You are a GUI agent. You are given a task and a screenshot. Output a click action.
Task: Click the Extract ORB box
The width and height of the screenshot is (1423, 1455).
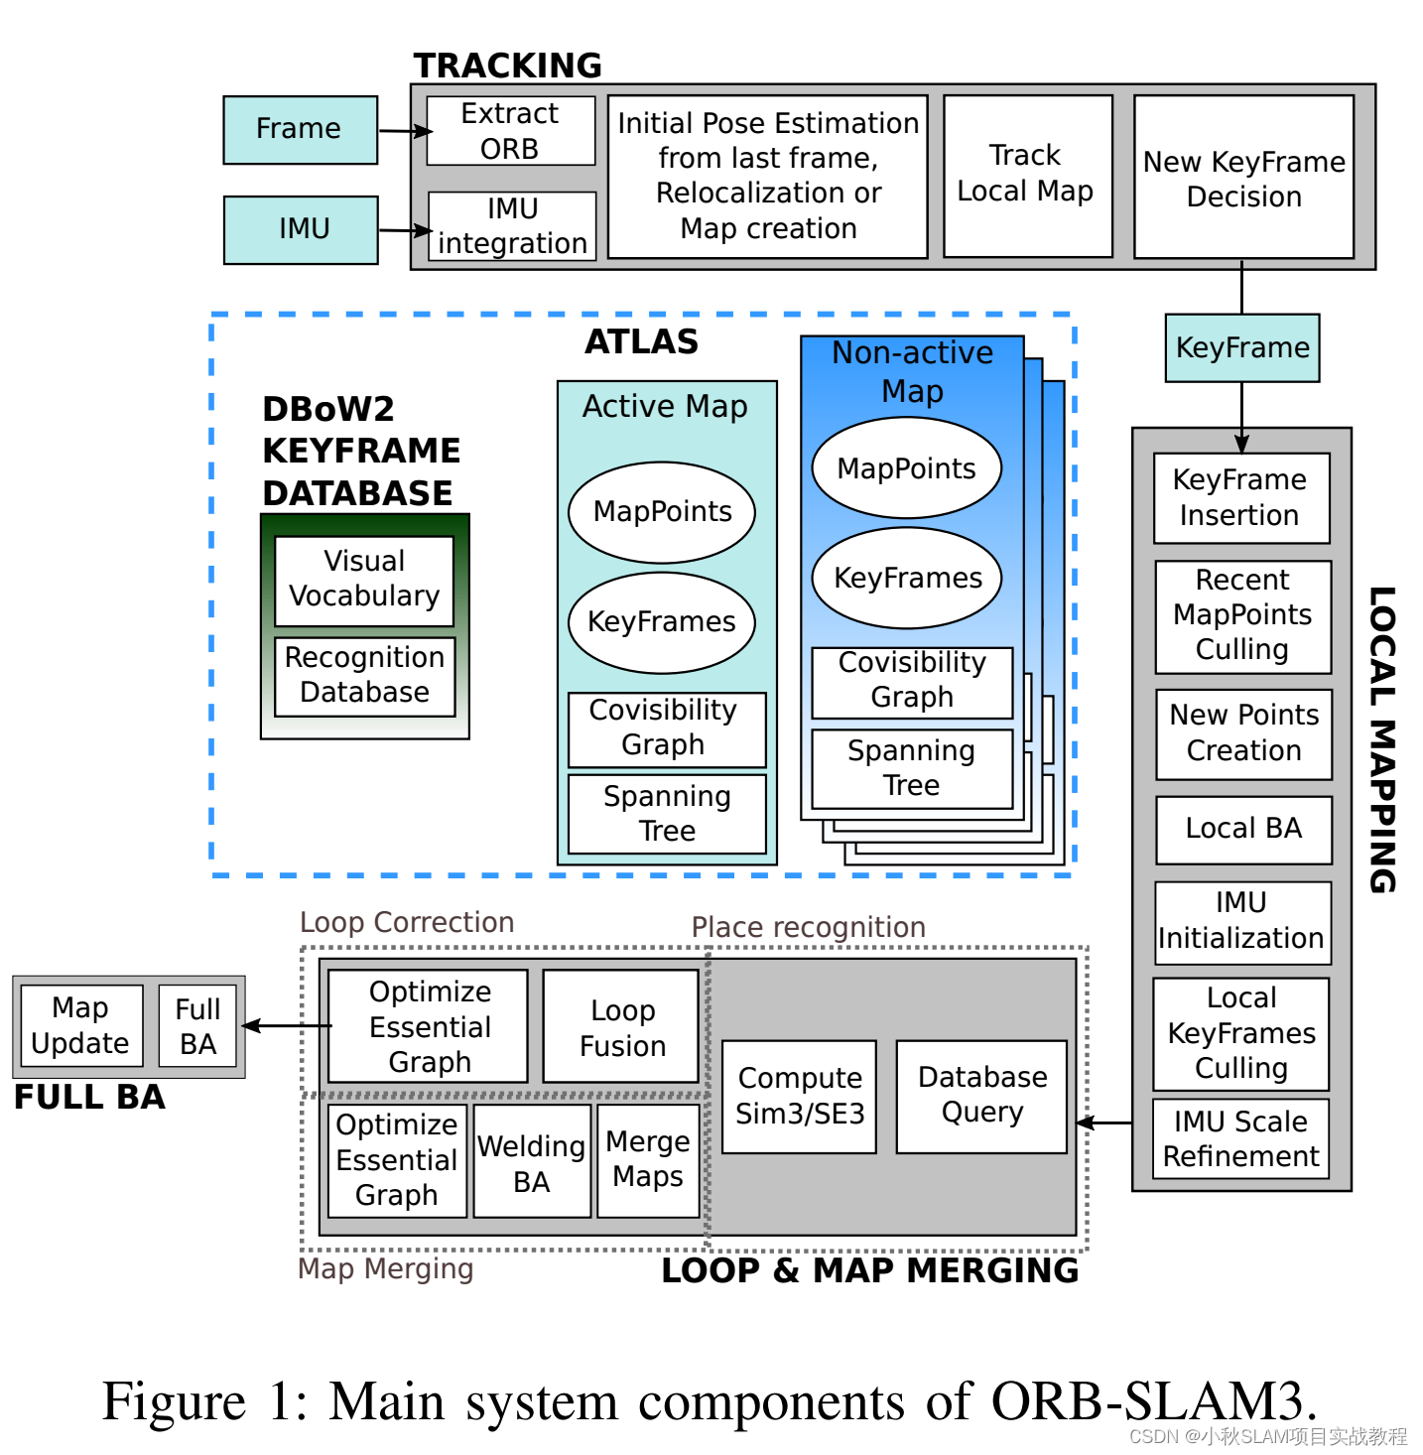(510, 130)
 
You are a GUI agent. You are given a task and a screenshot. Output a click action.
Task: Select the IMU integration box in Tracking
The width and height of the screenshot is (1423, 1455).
(512, 226)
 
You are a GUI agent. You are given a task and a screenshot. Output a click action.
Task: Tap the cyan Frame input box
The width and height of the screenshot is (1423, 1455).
(300, 129)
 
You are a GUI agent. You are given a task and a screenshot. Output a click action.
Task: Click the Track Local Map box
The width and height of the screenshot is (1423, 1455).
(1026, 175)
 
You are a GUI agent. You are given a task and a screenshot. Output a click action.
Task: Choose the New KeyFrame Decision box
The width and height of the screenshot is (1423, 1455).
(1243, 178)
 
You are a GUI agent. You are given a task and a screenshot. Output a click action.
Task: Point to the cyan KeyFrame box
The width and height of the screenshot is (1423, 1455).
(1242, 347)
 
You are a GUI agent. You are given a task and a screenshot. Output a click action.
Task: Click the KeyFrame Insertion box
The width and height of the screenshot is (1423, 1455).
(1240, 498)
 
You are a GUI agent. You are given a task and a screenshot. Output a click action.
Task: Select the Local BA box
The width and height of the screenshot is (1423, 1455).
(1243, 829)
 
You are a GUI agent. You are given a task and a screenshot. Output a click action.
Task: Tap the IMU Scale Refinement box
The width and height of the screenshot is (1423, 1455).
(1240, 1139)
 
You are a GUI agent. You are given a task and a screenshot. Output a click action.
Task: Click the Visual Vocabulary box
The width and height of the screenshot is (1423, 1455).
(364, 580)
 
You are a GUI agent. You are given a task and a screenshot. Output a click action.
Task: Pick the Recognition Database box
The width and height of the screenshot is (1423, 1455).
(364, 675)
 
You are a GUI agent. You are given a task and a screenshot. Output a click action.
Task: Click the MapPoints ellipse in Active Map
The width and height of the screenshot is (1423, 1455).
(662, 512)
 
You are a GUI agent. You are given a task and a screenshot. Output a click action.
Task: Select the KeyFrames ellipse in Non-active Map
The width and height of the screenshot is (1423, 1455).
(907, 578)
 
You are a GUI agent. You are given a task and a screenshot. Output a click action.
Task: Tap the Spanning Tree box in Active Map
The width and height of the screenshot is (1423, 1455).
(667, 814)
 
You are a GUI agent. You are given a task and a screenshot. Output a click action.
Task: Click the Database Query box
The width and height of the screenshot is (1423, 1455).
(981, 1096)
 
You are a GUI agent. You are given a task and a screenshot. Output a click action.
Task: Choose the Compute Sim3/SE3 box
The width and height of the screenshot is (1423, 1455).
(799, 1096)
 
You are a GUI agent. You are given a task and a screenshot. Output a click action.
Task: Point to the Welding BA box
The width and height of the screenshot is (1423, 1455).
(532, 1162)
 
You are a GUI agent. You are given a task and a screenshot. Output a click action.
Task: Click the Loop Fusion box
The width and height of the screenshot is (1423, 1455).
(622, 1027)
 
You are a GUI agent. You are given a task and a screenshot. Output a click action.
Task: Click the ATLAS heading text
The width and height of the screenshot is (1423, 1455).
(641, 341)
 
